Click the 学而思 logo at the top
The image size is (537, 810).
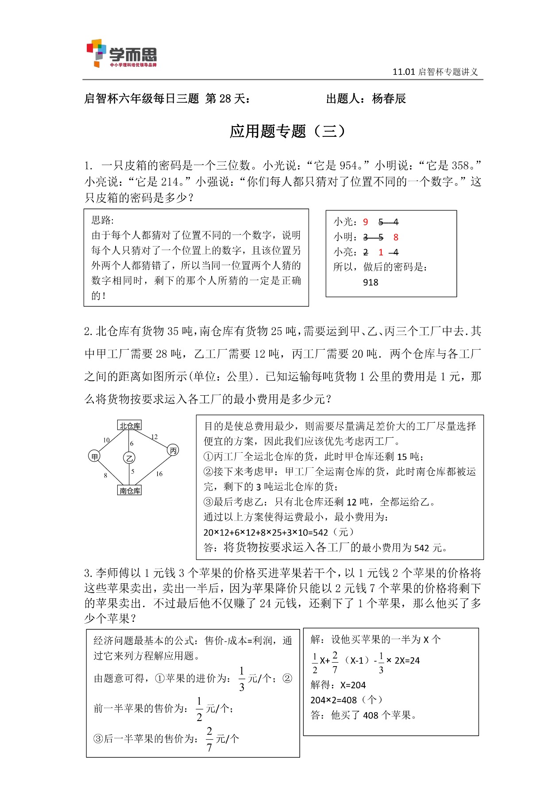[121, 54]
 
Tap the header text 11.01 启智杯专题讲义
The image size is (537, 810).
[435, 72]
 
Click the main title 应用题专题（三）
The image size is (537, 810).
[287, 131]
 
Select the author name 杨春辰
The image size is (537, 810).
[389, 99]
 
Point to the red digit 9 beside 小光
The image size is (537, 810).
[365, 222]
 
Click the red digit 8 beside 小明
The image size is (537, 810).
[396, 237]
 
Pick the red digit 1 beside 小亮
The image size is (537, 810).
[381, 252]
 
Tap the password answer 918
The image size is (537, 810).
[371, 282]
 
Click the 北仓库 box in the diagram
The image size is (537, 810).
[130, 425]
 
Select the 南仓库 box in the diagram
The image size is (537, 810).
[130, 490]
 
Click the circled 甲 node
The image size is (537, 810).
[94, 456]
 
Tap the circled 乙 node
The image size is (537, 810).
[129, 458]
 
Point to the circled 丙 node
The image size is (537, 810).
[173, 451]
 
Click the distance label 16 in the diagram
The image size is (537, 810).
[159, 474]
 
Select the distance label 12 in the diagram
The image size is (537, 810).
[154, 437]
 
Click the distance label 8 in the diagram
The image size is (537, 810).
[105, 475]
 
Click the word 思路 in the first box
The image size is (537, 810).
[102, 220]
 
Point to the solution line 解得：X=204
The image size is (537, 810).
[338, 685]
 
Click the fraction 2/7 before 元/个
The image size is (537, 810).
[209, 739]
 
